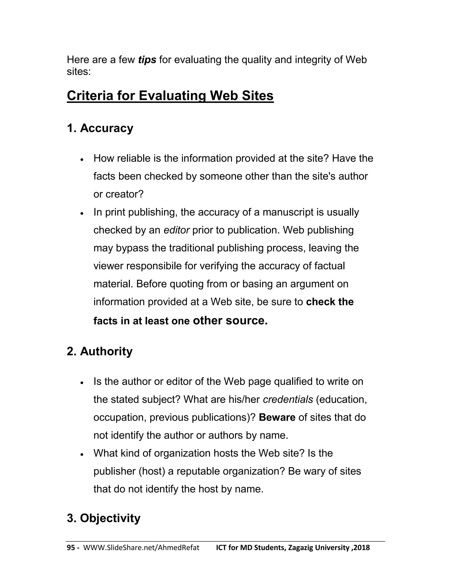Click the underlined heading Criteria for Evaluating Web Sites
tap(170, 96)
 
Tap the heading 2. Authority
tap(100, 351)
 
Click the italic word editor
tap(177, 230)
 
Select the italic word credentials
tap(288, 400)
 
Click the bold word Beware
tap(277, 418)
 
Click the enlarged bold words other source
tap(230, 320)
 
